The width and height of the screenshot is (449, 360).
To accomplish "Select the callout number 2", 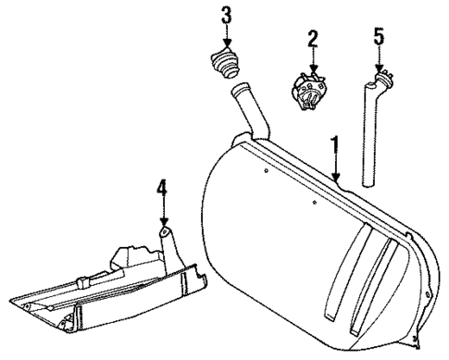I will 313,39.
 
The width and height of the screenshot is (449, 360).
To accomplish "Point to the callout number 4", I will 163,192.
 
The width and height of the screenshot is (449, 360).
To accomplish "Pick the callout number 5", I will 378,39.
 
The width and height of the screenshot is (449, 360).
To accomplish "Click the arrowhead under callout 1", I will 337,179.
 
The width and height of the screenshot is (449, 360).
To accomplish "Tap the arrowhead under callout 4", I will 163,223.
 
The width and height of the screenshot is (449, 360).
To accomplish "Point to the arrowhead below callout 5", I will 378,70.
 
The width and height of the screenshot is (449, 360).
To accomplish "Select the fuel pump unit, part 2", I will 313,91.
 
